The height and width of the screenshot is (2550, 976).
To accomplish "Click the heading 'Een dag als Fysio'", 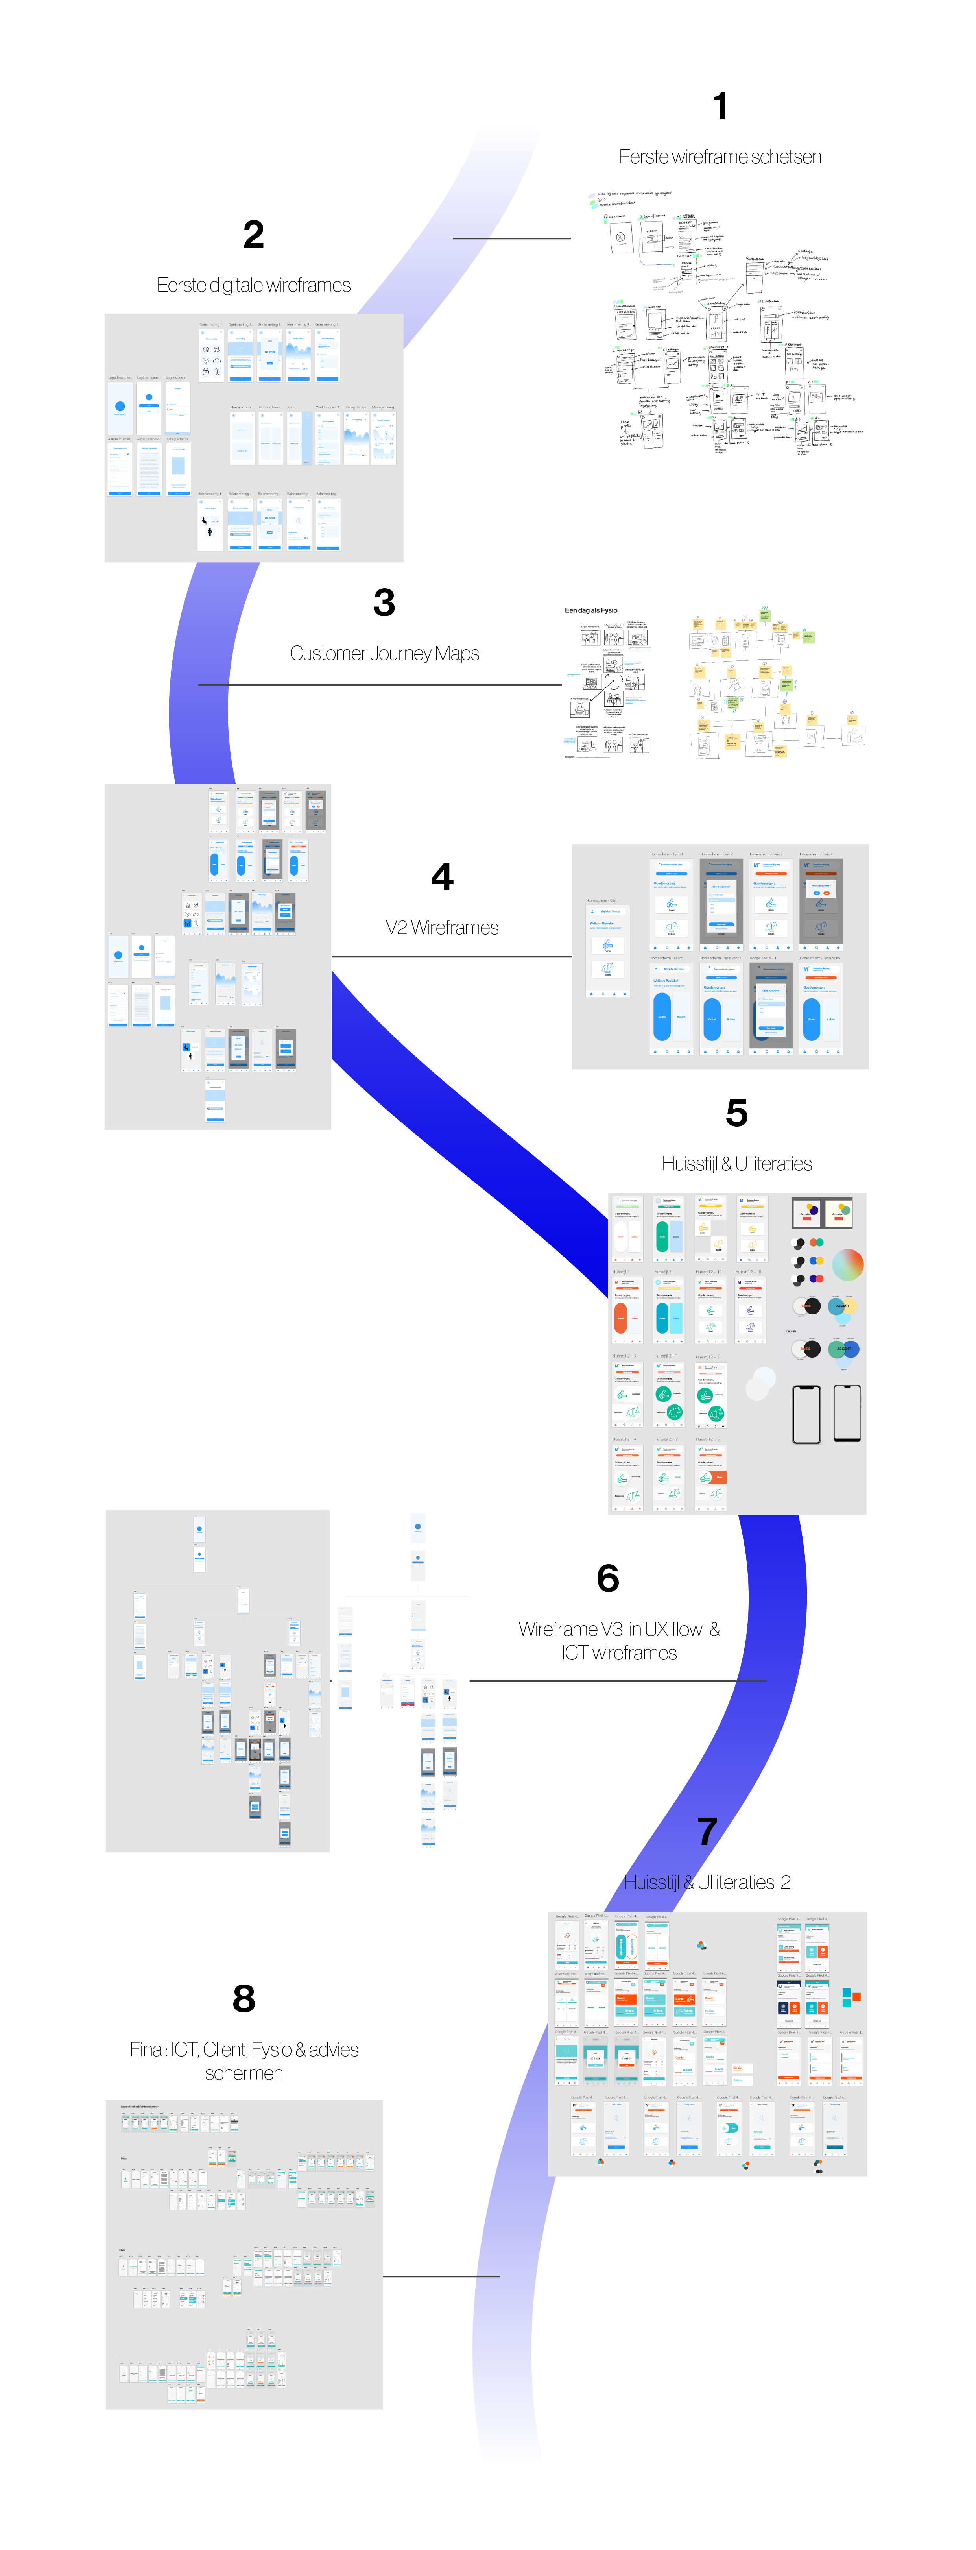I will point(591,610).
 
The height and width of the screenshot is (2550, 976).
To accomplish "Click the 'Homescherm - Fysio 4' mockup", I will point(821,901).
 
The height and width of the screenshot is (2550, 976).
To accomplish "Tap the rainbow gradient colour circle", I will point(847,1264).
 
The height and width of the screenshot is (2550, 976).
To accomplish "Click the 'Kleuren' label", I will point(790,1331).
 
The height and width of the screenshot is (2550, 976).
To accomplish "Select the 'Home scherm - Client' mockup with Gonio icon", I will point(607,950).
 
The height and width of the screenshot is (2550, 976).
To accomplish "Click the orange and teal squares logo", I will point(851,1997).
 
